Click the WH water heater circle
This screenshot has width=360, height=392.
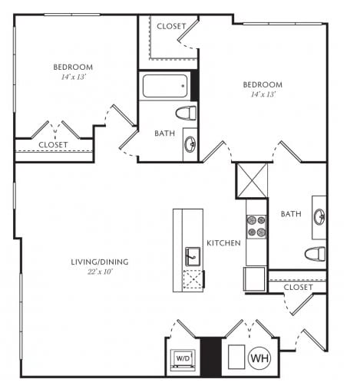[259, 358]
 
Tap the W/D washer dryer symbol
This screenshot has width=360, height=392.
[183, 359]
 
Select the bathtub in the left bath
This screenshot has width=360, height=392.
[165, 86]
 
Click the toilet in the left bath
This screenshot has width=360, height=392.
[186, 113]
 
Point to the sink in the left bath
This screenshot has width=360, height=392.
[190, 144]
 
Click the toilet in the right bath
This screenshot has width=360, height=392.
[315, 254]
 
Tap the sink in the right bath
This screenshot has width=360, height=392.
[319, 217]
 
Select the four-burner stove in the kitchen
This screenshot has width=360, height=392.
[256, 226]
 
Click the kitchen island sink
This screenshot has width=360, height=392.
[193, 256]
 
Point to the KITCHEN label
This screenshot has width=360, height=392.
[223, 243]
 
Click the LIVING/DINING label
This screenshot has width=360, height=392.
[100, 262]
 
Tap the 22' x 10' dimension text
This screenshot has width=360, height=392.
[101, 272]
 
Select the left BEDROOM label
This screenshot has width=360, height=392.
[73, 67]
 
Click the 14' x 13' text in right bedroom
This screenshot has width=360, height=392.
[263, 94]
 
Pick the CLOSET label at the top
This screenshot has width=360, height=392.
[171, 26]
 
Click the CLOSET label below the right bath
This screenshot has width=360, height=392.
[298, 287]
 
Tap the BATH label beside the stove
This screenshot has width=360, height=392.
[291, 214]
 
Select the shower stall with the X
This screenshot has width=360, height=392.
[253, 180]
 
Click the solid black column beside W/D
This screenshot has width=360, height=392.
[210, 357]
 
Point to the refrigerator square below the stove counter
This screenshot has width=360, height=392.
[254, 279]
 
